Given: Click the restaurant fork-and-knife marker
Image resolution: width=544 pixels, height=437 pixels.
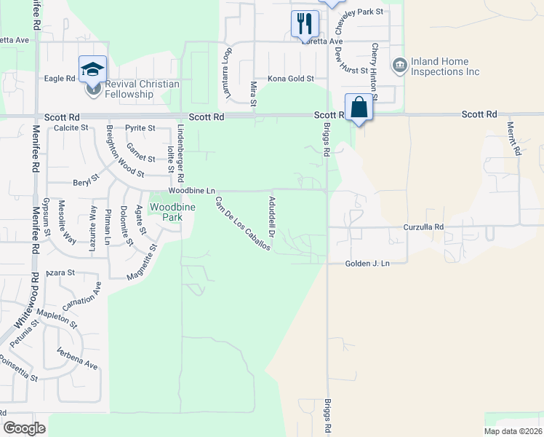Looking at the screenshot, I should (x=305, y=23).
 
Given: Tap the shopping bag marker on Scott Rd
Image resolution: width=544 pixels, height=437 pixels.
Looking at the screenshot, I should (x=359, y=107).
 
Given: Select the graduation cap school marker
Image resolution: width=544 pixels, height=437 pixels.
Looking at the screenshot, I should (x=93, y=68).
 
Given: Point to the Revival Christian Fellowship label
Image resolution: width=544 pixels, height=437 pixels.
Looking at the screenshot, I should (x=142, y=89).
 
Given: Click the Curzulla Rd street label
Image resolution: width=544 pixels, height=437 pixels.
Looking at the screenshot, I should (x=424, y=227).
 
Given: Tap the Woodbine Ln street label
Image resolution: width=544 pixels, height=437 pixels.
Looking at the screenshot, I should (x=192, y=190).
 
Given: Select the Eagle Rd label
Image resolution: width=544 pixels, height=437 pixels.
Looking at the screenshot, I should (x=60, y=78).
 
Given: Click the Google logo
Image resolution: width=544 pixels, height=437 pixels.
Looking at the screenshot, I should (x=25, y=428).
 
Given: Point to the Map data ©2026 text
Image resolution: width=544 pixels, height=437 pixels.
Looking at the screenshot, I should (x=512, y=431).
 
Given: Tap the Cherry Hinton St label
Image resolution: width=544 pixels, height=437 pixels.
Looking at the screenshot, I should (x=375, y=71).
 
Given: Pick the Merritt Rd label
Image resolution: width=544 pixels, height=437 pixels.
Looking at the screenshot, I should (x=515, y=138).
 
